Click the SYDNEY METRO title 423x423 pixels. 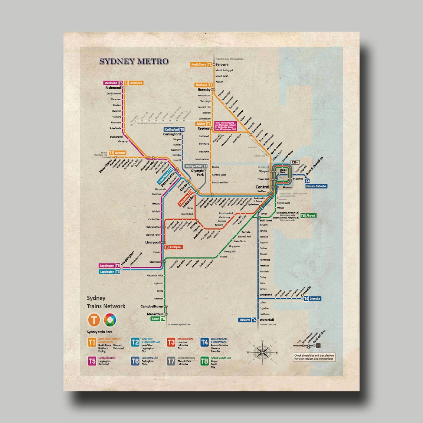point(134,61)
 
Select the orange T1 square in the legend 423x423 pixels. point(92,342)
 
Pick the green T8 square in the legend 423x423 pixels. point(204,361)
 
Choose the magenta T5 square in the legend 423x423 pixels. point(92,361)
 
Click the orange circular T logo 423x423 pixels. point(94,319)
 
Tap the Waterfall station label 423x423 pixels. point(267,320)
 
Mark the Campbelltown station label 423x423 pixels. point(151,306)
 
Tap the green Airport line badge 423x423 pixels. point(308,216)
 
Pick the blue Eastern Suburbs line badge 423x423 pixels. point(316,186)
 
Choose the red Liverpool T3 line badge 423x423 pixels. point(173,247)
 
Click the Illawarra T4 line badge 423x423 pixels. point(247,320)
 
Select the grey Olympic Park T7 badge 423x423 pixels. point(196,166)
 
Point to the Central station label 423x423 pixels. point(262,187)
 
